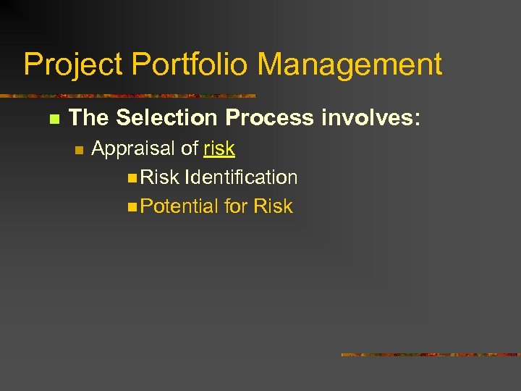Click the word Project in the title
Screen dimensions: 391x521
73,65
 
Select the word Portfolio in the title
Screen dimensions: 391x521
191,65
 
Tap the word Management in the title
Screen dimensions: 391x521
350,65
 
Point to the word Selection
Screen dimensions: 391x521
166,117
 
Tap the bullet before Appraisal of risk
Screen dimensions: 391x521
80,150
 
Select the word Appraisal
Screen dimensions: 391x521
134,148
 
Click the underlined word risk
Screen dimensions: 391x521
219,148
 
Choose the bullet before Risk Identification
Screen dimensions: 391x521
131,178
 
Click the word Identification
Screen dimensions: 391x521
241,177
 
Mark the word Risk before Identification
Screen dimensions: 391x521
160,177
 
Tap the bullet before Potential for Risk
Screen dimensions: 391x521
131,207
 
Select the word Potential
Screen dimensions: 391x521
179,206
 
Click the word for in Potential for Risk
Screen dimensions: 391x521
236,206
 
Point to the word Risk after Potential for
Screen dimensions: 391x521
273,206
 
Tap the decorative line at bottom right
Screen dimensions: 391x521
431,355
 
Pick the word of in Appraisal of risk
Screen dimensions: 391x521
190,148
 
